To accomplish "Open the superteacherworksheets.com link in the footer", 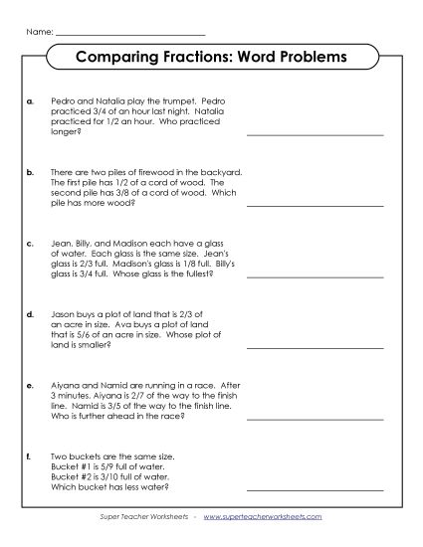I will (x=266, y=519).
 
